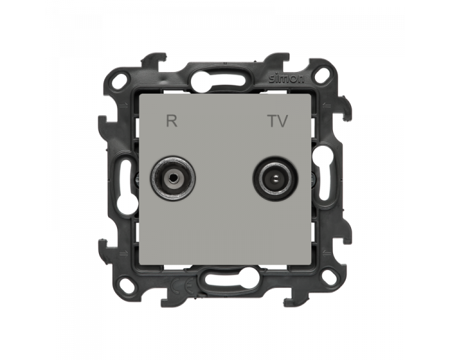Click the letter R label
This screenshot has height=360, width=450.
click(x=172, y=121)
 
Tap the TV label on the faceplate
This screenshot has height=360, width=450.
click(x=278, y=121)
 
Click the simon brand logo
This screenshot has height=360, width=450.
click(x=286, y=79)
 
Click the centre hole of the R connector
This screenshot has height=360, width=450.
click(x=172, y=178)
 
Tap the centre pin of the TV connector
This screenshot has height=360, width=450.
click(x=275, y=179)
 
